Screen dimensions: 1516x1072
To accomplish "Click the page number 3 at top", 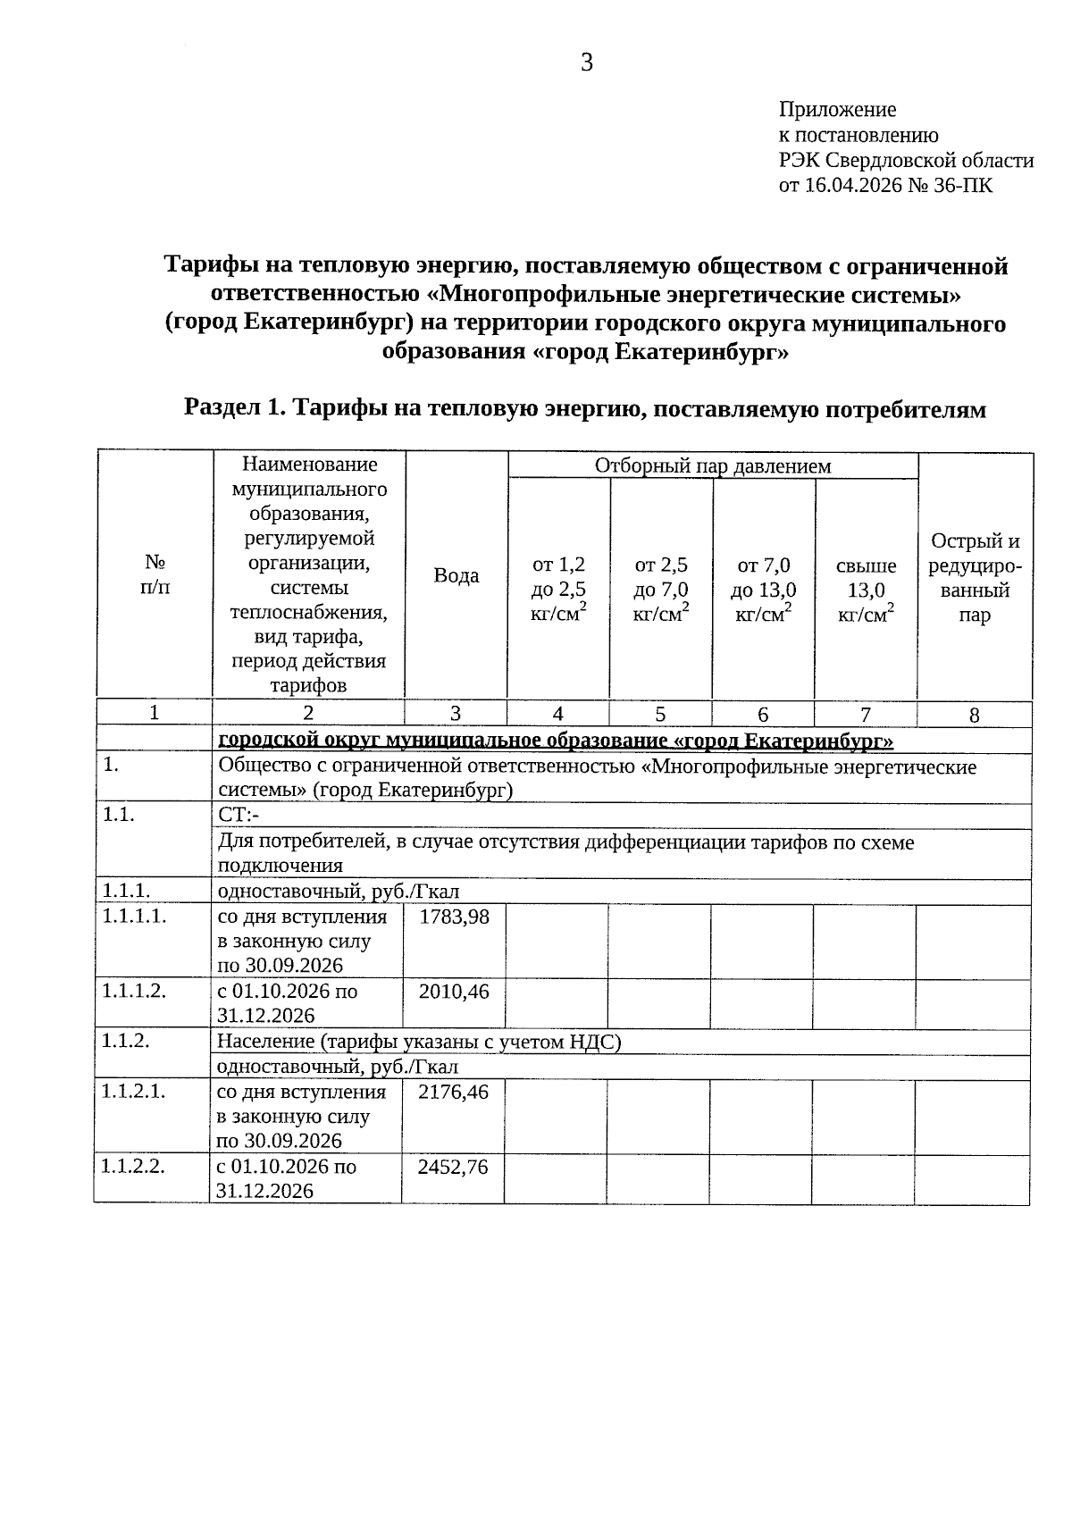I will click(x=587, y=63).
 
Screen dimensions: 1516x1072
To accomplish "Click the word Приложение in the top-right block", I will click(x=837, y=110).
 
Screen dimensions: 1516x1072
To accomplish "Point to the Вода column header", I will click(x=456, y=576).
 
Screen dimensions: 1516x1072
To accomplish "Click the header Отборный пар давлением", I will click(x=712, y=465).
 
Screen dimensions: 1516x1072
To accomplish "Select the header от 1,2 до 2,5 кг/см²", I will click(x=558, y=590).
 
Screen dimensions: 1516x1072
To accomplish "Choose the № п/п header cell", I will click(x=155, y=575).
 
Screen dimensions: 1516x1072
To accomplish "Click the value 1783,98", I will click(x=454, y=917).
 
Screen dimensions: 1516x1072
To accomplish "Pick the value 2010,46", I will click(x=454, y=991).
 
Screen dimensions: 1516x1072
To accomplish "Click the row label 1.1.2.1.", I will click(x=133, y=1091).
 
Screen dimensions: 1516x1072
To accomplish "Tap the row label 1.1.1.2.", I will click(x=134, y=991).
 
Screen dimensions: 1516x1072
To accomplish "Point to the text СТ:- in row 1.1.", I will click(x=239, y=817).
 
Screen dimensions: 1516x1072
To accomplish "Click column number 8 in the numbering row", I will click(x=974, y=715).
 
